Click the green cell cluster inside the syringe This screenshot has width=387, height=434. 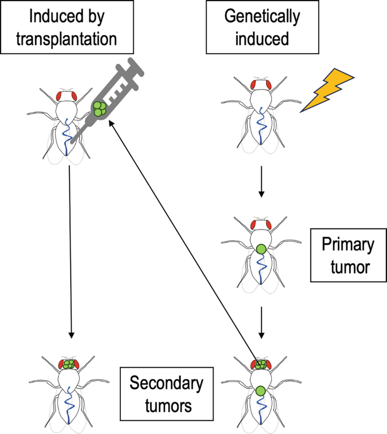pyautogui.click(x=99, y=108)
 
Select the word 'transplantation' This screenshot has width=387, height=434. pyautogui.click(x=67, y=39)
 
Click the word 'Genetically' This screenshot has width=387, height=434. pyautogui.click(x=262, y=16)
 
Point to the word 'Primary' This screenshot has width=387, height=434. pyautogui.click(x=348, y=245)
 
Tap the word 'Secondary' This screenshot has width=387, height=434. pyautogui.click(x=167, y=383)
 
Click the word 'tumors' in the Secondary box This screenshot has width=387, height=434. pyautogui.click(x=168, y=406)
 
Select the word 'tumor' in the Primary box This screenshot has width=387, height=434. pyautogui.click(x=350, y=267)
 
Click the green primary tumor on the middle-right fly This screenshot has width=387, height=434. pyautogui.click(x=261, y=249)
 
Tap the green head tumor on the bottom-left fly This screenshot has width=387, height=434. pyautogui.click(x=68, y=364)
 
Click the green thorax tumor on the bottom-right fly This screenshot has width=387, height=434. pyautogui.click(x=260, y=391)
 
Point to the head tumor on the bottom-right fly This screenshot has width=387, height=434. pyautogui.click(x=260, y=364)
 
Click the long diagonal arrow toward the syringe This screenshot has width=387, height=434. pyautogui.click(x=184, y=242)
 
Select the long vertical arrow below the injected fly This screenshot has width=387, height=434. pyautogui.click(x=70, y=252)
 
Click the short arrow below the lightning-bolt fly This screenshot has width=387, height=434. pyautogui.click(x=261, y=182)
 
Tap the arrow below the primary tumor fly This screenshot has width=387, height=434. pyautogui.click(x=261, y=323)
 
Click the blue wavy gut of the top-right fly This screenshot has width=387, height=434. pyautogui.click(x=261, y=125)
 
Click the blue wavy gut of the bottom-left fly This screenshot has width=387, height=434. pyautogui.click(x=68, y=405)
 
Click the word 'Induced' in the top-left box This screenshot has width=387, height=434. pyautogui.click(x=47, y=16)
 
